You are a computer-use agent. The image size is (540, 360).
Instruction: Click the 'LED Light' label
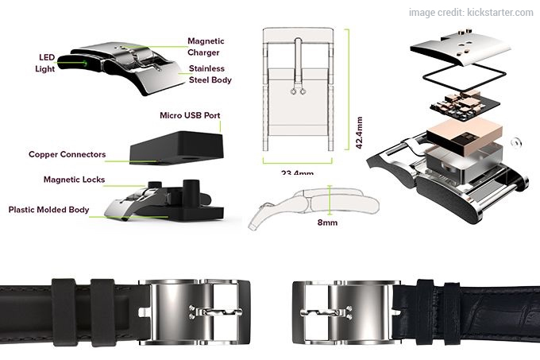tap(44, 64)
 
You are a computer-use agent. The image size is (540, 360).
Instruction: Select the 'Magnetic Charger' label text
tap(206, 46)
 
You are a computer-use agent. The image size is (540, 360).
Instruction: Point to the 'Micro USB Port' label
tap(190, 116)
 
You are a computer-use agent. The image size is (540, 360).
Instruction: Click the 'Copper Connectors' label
tap(66, 154)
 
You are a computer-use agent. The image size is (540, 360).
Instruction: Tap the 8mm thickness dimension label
tap(326, 223)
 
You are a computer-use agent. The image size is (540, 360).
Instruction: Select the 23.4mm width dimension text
tap(297, 172)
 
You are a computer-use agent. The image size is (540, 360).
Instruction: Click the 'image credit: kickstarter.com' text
tap(471, 12)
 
